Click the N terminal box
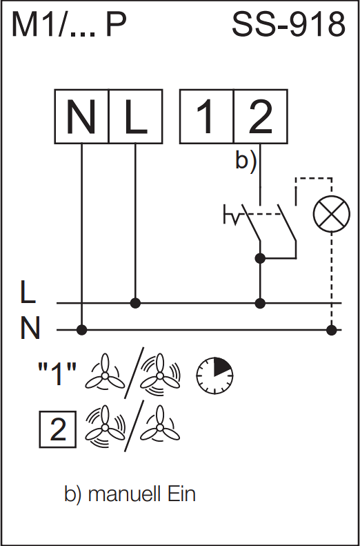pos(81,116)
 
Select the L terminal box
pos(136,116)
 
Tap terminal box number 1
pos(207,116)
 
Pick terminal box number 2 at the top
pos(261,116)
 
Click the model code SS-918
pos(288,25)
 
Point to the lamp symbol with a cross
pos(332,214)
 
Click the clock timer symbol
pos(214,376)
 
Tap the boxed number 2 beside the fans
pos(58,429)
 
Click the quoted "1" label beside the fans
pos(57,374)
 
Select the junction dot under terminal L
pos(135,303)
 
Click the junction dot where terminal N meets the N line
pos(82,329)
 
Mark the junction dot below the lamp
pos(332,329)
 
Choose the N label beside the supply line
pos(30,328)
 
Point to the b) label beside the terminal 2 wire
pos(246,162)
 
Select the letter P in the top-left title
pos(116,25)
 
